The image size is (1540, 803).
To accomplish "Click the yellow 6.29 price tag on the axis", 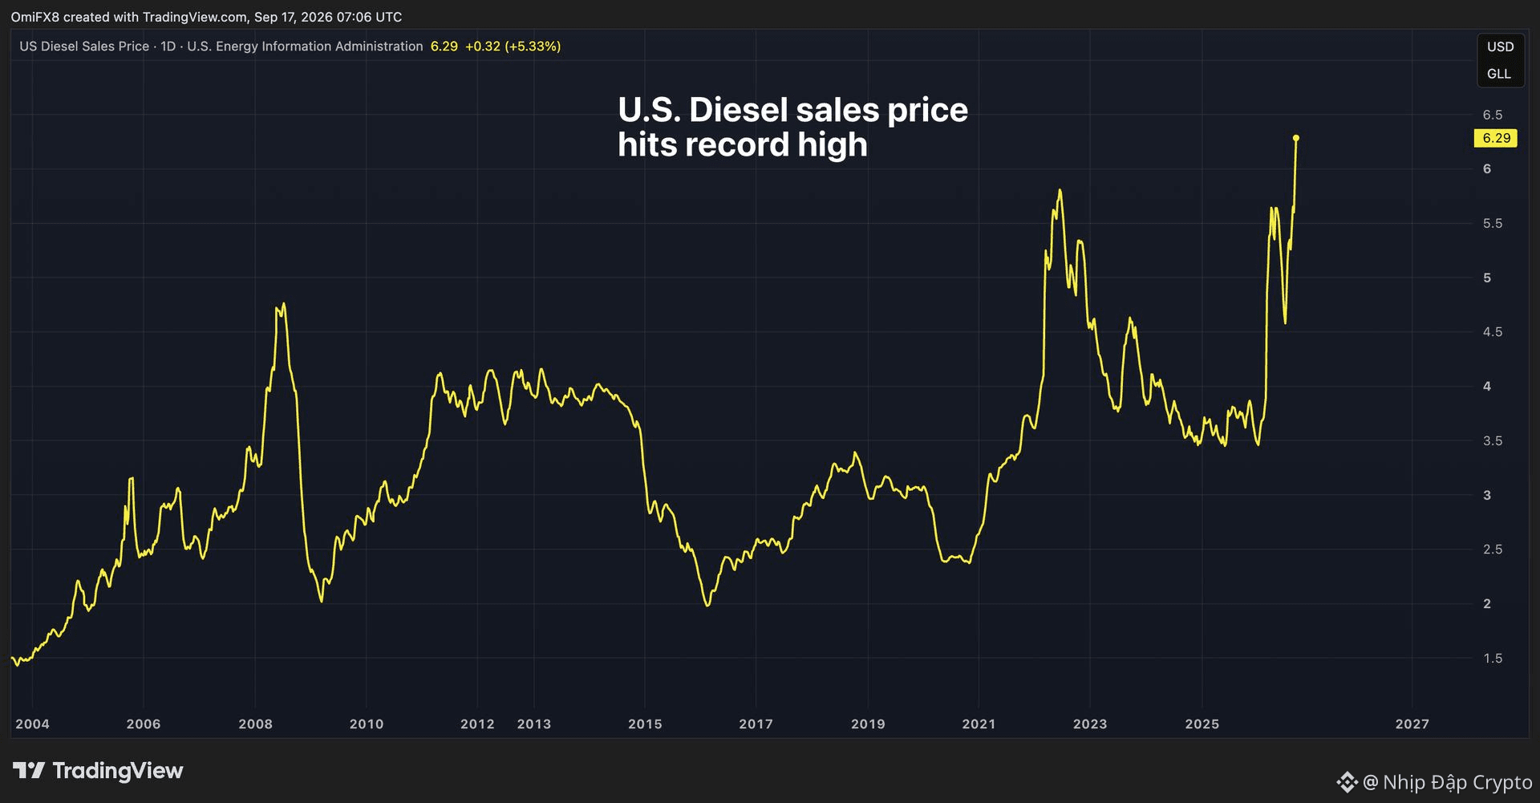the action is pos(1496,138).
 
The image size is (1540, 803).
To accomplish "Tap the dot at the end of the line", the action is pos(1296,138).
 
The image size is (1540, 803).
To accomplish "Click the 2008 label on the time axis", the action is pos(255,724).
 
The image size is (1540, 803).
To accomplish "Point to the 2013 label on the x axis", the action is pos(534,724).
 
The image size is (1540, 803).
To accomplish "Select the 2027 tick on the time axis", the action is pos(1412,724).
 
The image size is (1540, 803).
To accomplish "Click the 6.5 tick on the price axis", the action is pos(1493,115).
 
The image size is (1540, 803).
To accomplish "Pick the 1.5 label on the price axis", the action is pos(1493,658).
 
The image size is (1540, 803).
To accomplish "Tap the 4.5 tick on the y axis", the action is pos(1493,332).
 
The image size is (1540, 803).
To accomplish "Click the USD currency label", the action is pos(1500,47).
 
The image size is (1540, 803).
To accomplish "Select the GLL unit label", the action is pos(1499,74).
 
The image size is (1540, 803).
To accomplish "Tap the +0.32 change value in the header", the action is pos(482,47).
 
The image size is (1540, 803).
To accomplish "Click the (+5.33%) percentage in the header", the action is pos(533,47).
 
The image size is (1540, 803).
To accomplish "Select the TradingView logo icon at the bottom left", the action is pos(29,771).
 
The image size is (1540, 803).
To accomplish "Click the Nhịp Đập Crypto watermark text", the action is pos(1457,781).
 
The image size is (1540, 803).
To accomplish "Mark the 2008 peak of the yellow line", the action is pos(284,304).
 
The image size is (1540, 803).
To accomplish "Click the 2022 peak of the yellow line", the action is pos(1060,190).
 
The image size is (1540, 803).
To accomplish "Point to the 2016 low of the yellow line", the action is pos(707,605).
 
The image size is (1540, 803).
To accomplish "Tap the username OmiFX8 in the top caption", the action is pos(35,17).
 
